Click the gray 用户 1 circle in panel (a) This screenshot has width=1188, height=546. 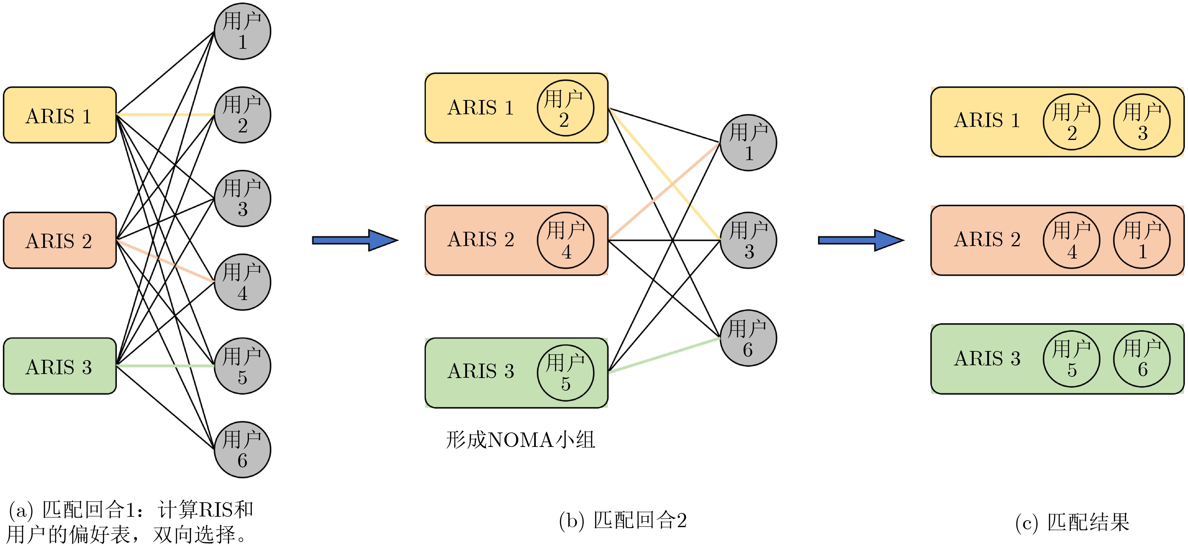point(243,31)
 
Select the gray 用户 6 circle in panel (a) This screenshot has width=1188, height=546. point(243,449)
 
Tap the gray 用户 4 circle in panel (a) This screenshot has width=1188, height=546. point(243,282)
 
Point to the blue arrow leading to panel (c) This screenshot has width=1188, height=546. point(861,240)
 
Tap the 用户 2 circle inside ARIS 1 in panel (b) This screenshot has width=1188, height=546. point(565,108)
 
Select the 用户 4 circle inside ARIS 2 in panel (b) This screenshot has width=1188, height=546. point(565,240)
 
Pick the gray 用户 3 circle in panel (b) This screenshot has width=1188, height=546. point(749,240)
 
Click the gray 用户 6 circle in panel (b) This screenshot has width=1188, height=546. point(749,338)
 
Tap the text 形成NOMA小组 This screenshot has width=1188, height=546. point(520,440)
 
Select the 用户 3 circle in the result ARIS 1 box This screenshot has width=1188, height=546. point(1142,122)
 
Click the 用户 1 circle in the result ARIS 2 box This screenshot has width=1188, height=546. point(1142,240)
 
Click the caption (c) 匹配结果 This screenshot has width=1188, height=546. point(1072,522)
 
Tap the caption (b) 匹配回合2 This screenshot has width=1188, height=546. point(623,521)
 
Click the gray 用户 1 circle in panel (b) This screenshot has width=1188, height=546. point(749,142)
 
